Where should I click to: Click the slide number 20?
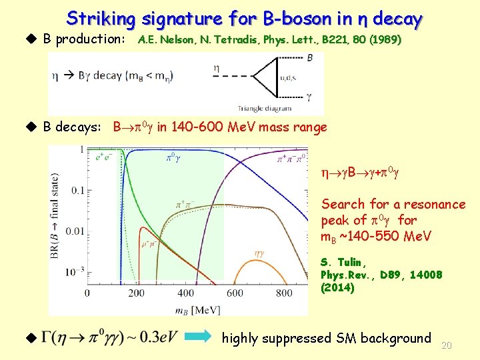[447, 345]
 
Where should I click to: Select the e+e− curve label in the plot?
[103, 158]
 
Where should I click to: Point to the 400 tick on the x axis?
[186, 293]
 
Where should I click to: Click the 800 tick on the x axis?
[284, 293]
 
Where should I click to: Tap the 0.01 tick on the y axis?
[72, 231]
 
